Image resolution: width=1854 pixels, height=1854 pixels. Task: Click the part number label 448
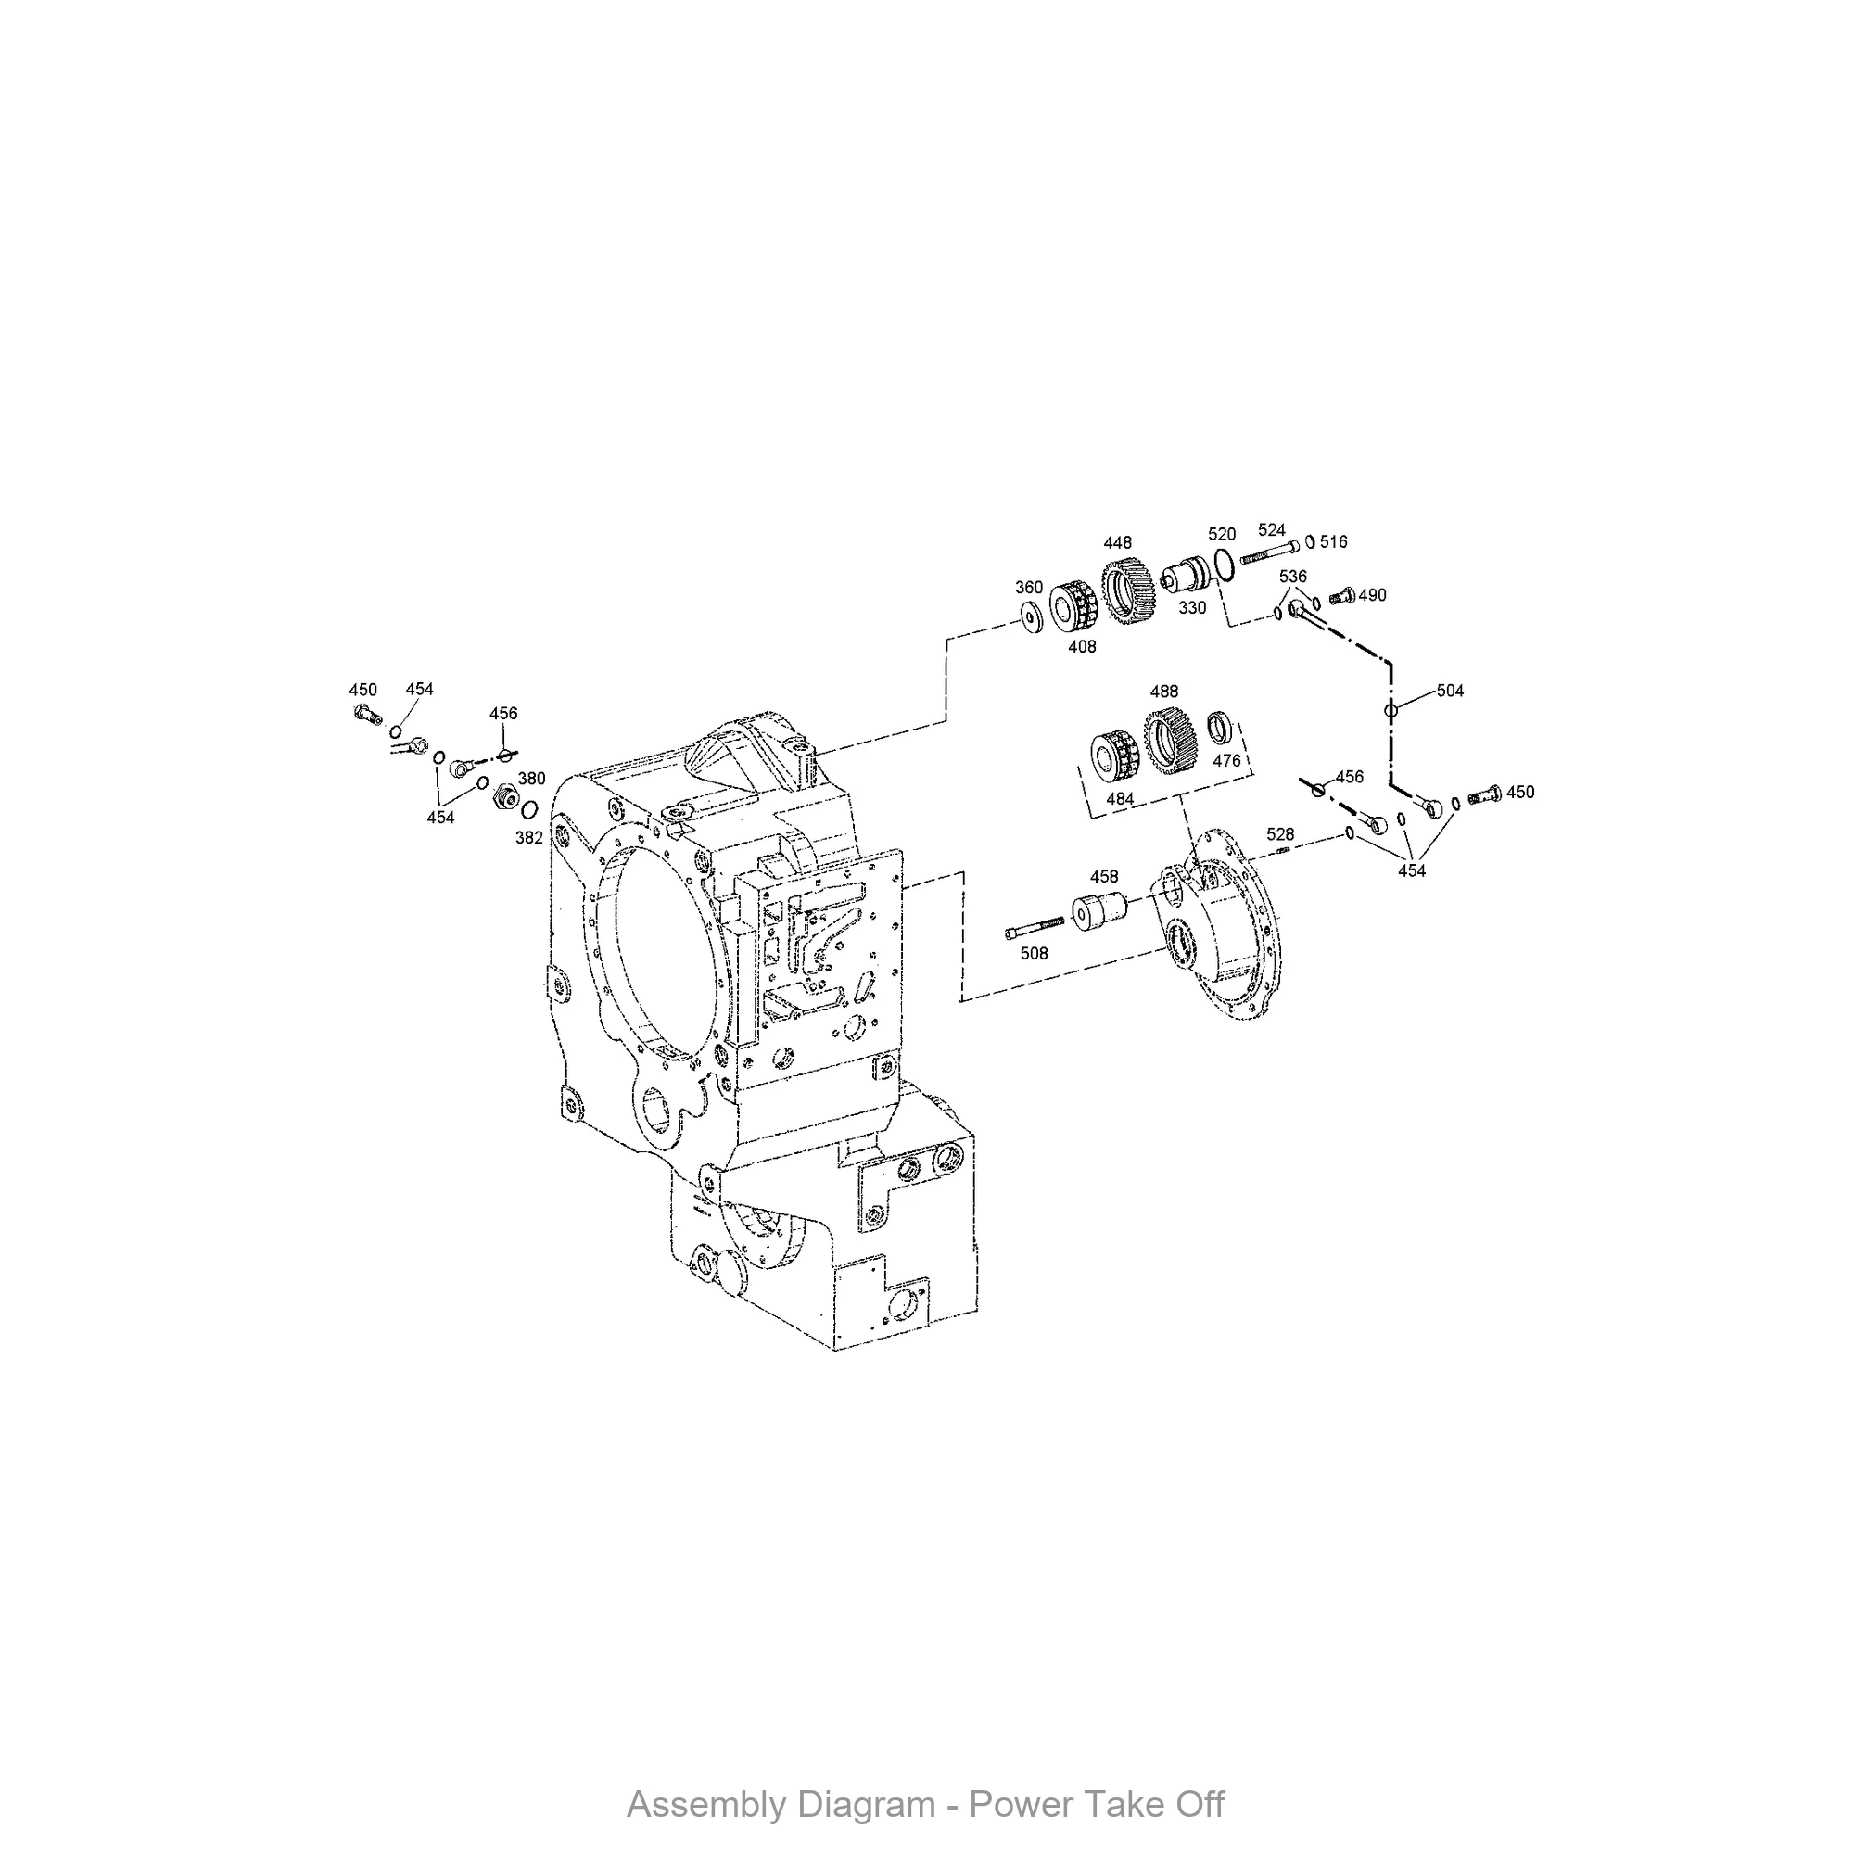[x=1117, y=543]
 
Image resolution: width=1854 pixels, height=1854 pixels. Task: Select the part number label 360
[x=1029, y=588]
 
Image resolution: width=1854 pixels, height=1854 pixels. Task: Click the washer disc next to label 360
[x=1033, y=618]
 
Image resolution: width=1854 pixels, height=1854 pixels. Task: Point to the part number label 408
[x=1082, y=647]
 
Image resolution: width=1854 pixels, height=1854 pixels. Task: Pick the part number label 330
[x=1192, y=607]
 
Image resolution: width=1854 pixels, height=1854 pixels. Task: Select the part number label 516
[x=1333, y=542]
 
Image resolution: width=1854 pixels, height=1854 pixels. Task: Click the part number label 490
[x=1372, y=595]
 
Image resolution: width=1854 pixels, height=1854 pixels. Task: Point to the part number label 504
[x=1450, y=691]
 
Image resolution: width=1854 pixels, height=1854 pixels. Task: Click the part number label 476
[x=1226, y=760]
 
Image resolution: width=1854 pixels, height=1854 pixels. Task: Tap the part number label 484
[x=1120, y=798]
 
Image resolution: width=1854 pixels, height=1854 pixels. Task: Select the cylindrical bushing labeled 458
[x=1098, y=910]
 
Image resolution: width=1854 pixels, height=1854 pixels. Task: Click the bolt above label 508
[x=1034, y=928]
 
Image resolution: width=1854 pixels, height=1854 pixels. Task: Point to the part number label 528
[x=1280, y=834]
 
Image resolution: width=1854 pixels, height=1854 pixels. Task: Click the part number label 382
[x=528, y=838]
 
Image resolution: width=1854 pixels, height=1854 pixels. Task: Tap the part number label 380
[x=531, y=779]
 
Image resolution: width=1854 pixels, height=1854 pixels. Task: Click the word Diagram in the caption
[x=867, y=1804]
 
